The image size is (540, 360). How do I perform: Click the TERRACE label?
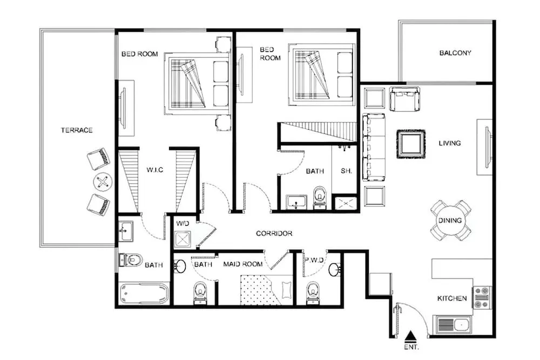(x=77, y=130)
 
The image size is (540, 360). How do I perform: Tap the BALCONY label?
(x=455, y=53)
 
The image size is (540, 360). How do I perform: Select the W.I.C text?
(x=154, y=169)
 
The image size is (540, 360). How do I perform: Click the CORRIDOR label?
(x=274, y=233)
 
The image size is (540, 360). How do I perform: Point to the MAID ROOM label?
(x=243, y=264)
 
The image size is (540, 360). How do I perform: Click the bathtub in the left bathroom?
(x=145, y=294)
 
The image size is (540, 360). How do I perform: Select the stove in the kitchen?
(x=482, y=297)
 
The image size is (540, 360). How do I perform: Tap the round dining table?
(x=450, y=221)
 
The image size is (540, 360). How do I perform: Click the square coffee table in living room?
(x=411, y=144)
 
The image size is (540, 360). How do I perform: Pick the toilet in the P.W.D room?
(x=313, y=293)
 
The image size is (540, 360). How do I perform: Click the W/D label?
(x=183, y=223)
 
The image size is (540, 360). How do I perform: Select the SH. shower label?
(x=346, y=171)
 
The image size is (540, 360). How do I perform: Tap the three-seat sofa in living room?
(x=374, y=147)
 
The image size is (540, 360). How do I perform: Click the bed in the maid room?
(x=267, y=290)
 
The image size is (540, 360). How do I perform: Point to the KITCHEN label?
(x=452, y=298)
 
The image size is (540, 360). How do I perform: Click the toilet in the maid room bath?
(x=200, y=293)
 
